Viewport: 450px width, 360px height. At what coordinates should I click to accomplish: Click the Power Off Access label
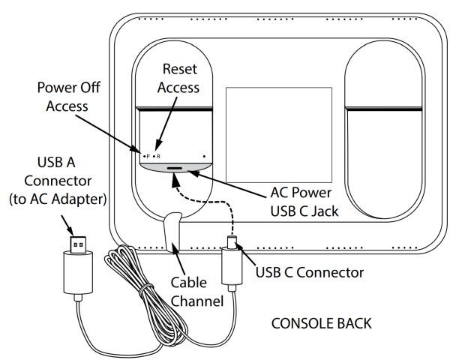tap(68, 97)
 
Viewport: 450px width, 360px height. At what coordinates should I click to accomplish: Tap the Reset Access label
tap(178, 78)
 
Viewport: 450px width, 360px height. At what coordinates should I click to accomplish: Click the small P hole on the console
tap(144, 157)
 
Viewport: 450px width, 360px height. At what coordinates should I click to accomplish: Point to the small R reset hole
tap(154, 157)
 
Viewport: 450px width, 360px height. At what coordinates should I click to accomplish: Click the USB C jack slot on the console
tap(175, 169)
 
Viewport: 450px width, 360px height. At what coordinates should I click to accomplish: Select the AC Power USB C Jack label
tap(304, 202)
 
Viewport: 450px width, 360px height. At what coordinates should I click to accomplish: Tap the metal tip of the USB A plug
tap(78, 244)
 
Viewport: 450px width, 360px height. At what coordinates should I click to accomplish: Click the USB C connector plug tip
tap(231, 241)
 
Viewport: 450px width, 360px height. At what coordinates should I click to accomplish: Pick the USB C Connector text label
tap(310, 272)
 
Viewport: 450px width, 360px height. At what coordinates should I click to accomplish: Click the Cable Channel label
tap(196, 292)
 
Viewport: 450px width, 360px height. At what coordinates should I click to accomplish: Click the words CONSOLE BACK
tap(322, 323)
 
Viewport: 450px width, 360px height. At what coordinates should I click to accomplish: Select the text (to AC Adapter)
tap(58, 199)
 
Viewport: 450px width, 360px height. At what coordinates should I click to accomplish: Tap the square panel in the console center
tap(279, 135)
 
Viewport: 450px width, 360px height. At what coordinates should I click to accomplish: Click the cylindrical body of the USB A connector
tap(78, 271)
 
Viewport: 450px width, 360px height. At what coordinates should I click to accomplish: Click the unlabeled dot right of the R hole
tap(204, 157)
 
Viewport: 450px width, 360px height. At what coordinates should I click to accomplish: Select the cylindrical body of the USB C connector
tap(232, 265)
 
